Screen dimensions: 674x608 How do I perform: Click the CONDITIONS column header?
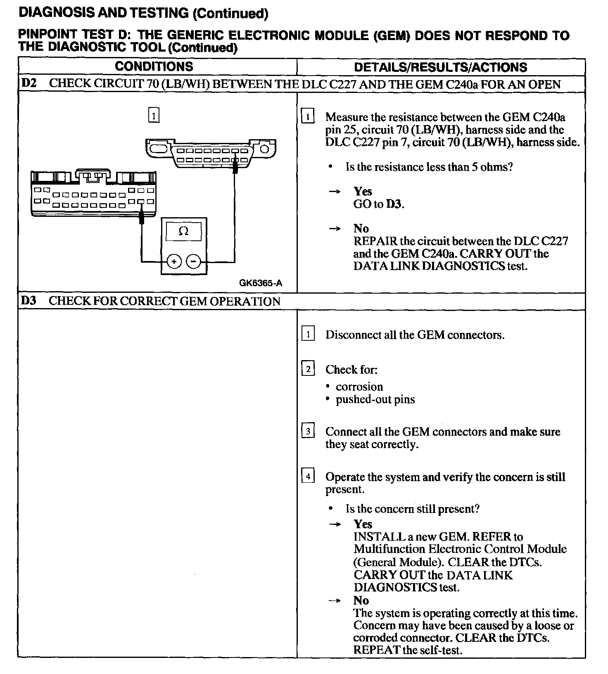pos(154,66)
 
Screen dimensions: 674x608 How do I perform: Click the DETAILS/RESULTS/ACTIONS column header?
pos(440,67)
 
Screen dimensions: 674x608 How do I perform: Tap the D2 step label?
pos(28,83)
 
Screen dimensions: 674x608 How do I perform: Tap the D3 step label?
pos(28,301)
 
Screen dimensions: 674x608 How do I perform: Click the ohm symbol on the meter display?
pos(183,231)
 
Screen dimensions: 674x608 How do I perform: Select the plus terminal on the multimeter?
pos(174,261)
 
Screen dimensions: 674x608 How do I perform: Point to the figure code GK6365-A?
pos(261,283)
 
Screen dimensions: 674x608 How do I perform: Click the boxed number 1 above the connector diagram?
pos(153,116)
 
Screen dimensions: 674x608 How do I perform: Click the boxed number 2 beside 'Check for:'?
pos(308,369)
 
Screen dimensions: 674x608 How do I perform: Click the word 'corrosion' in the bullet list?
pos(359,387)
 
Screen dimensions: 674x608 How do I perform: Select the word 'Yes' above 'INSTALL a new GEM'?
pos(363,524)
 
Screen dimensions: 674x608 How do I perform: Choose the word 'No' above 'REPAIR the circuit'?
pos(361,228)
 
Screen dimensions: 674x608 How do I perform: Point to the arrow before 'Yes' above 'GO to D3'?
pos(335,192)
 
